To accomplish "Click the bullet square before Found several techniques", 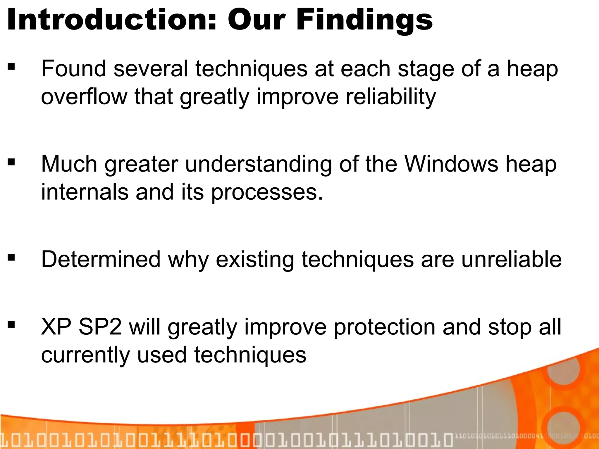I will pos(11,67).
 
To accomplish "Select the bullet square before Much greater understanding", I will pos(11,162).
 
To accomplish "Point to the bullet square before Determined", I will pos(11,258).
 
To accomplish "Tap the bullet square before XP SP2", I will pos(11,324).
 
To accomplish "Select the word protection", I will pos(384,327).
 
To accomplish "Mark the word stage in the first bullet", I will pos(426,70).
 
